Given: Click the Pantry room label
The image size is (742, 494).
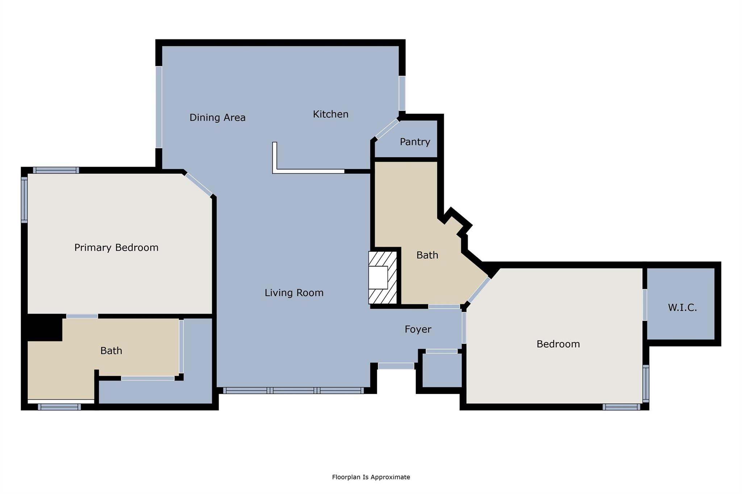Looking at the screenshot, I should tap(415, 142).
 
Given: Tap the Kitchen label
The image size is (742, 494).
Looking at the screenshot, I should tap(330, 114).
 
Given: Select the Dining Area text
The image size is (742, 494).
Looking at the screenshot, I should tap(217, 118).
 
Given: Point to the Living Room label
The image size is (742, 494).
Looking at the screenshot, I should tap(294, 293).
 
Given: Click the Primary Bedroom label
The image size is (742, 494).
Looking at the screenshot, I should tap(116, 248).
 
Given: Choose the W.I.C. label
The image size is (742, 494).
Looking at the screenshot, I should tap(682, 308).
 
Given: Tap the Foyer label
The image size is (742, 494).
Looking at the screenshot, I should tap(418, 329).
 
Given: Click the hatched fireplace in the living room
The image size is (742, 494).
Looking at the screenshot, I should tap(383, 278).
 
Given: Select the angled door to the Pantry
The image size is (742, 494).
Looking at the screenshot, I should tap(387, 129).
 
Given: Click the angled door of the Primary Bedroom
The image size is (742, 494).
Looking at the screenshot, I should tap(199, 185).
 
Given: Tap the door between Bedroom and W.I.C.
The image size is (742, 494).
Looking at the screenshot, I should tap(645, 305).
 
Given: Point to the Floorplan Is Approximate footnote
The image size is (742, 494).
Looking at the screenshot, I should tap(371, 477).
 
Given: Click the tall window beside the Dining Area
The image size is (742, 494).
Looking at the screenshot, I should tap(159, 107).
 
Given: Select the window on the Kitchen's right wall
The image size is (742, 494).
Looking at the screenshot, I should tap(402, 93).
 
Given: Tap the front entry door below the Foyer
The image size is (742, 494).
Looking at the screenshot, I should tap(396, 366).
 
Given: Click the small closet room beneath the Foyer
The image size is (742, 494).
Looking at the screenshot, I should tap(442, 370).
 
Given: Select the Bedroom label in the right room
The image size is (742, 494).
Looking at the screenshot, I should tap(558, 344).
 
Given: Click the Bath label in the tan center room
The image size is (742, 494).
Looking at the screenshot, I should tap(427, 256).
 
